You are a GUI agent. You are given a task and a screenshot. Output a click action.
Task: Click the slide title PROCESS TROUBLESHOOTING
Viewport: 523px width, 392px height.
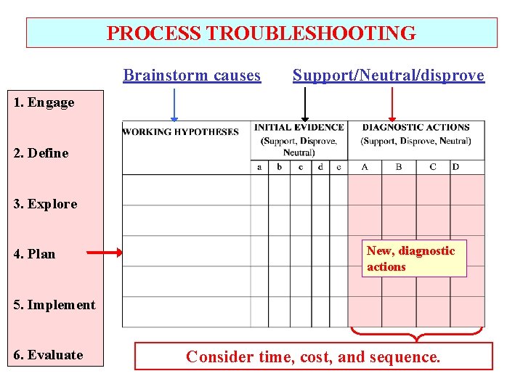tap(261, 33)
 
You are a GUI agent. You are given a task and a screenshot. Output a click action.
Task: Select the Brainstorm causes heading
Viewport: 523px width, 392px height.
tap(192, 75)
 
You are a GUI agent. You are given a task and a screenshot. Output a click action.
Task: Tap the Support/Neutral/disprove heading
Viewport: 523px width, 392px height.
tap(388, 75)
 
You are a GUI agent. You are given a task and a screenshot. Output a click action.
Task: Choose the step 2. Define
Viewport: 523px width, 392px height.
tap(41, 153)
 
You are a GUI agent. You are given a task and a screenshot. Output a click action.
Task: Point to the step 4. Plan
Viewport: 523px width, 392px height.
tap(35, 254)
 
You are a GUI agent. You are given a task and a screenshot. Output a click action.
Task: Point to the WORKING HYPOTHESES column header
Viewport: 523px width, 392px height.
tap(181, 132)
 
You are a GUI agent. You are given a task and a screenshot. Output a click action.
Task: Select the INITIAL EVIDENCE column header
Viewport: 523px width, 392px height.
tap(299, 127)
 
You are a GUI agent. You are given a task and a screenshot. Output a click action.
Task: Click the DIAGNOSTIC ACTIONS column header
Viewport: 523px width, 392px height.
tap(415, 127)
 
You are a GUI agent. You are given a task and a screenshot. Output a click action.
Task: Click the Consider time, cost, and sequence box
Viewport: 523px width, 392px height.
tap(313, 356)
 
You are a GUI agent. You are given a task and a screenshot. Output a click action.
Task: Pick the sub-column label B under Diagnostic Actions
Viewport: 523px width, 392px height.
tap(399, 167)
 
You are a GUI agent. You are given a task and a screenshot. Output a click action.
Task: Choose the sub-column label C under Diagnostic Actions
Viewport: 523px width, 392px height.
tap(433, 167)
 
